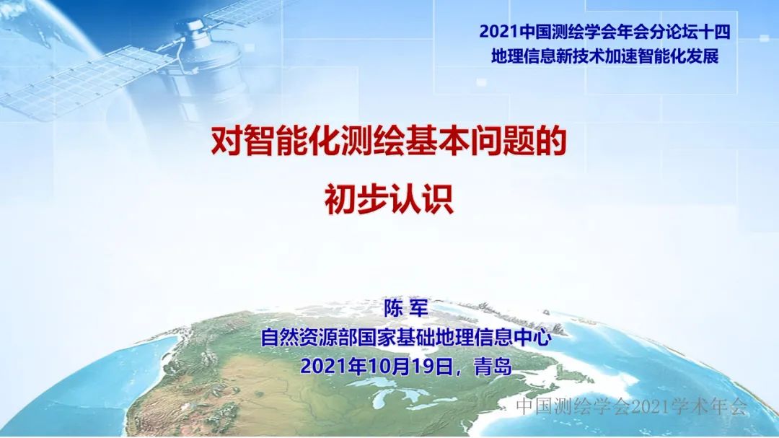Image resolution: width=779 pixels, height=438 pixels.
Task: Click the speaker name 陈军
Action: click(x=406, y=308)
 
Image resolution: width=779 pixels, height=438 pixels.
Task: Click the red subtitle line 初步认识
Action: click(x=389, y=199)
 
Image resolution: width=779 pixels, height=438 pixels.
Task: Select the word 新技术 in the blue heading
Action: click(x=576, y=56)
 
